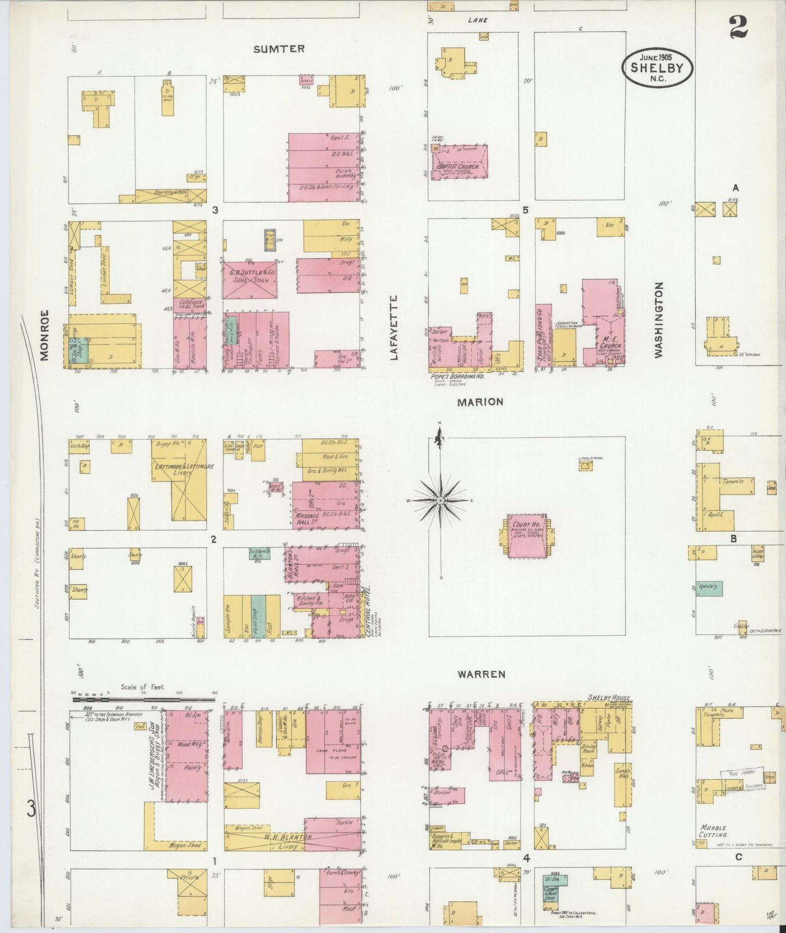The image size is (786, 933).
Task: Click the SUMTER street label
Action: coord(278,49)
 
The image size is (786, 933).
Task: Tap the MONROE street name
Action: coord(45,335)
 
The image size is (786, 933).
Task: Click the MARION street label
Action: coord(480,402)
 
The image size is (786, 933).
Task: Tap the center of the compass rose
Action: coord(440,499)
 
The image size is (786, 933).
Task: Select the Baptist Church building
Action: coord(460,162)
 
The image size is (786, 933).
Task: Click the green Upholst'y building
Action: coord(710,588)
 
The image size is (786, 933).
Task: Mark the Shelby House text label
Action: coord(608,698)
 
